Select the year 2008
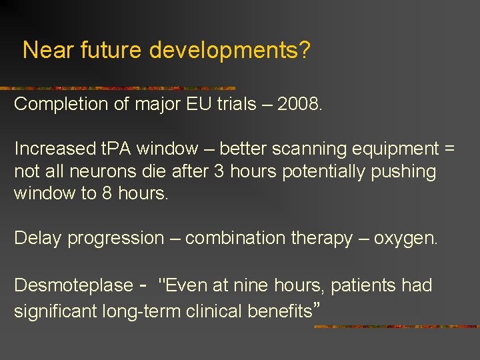point(299,104)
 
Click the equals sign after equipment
point(449,149)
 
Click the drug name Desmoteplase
point(73,285)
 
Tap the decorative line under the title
point(120,88)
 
